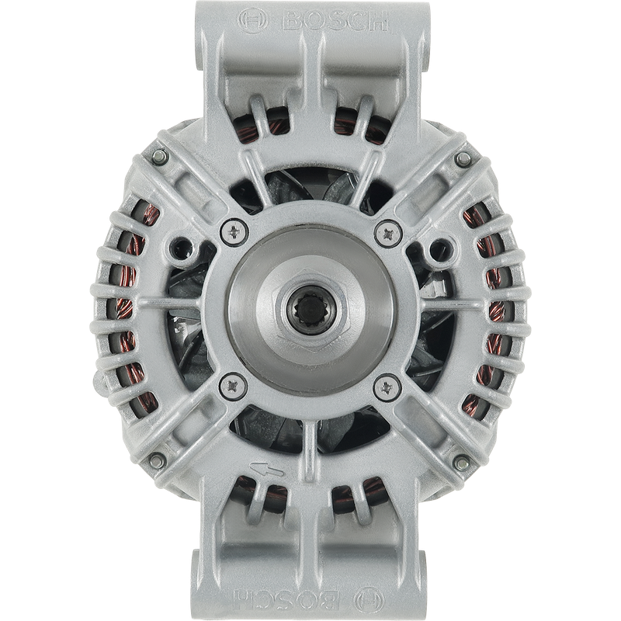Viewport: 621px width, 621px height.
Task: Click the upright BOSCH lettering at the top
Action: (335, 22)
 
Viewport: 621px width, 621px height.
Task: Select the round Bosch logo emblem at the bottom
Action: (369, 600)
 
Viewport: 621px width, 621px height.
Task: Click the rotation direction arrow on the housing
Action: (266, 469)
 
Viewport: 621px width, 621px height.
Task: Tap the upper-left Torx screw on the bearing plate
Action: (234, 231)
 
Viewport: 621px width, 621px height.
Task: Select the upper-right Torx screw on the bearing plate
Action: (389, 233)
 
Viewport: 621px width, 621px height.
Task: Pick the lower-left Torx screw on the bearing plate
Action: (233, 386)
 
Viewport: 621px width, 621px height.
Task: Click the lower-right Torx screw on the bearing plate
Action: (387, 387)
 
